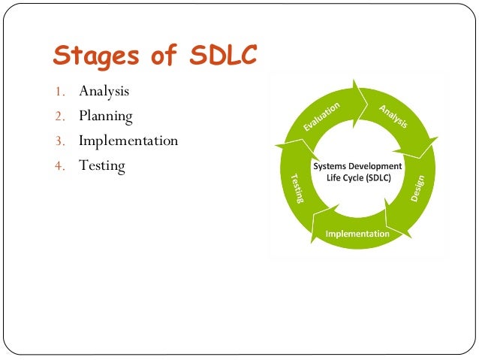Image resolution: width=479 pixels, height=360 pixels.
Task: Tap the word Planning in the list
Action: (106, 116)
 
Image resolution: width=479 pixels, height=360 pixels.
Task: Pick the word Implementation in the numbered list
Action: (128, 141)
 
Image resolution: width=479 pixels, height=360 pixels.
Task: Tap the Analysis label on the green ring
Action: (391, 116)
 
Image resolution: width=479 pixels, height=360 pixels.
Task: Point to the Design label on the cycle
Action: (417, 188)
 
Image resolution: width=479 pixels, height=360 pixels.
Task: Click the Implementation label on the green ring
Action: (357, 234)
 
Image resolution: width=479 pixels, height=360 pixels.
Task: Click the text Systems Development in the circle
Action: (357, 166)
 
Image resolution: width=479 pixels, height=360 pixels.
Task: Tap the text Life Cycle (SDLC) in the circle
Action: (357, 179)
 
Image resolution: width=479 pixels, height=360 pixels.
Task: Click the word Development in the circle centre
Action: (375, 166)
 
